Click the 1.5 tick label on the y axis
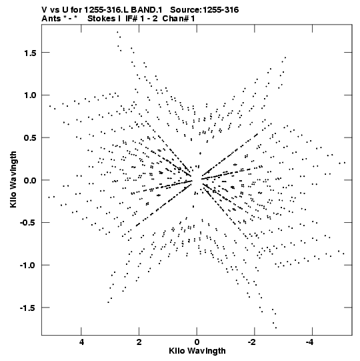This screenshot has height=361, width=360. tap(30, 53)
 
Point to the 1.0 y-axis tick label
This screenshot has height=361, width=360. tap(30, 95)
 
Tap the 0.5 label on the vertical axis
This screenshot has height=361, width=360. tap(30, 137)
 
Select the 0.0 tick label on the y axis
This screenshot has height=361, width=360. tap(30, 180)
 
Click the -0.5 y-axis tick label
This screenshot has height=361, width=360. tap(28, 223)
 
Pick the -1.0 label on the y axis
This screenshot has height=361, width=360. tap(28, 265)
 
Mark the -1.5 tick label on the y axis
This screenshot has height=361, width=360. tap(28, 308)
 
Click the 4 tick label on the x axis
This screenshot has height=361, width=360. tap(81, 342)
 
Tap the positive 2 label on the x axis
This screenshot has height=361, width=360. tap(139, 342)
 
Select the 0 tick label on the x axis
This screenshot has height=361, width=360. tap(197, 342)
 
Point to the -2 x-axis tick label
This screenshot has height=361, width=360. tap(253, 342)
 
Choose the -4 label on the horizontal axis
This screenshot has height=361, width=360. tap(310, 342)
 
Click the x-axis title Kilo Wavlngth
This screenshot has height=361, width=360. tap(197, 351)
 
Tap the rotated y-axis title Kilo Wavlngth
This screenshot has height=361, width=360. tap(13, 179)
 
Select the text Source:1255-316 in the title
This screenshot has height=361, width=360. tap(204, 10)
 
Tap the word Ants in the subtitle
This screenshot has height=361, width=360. tap(51, 19)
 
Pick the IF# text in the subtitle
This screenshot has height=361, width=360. tap(131, 19)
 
